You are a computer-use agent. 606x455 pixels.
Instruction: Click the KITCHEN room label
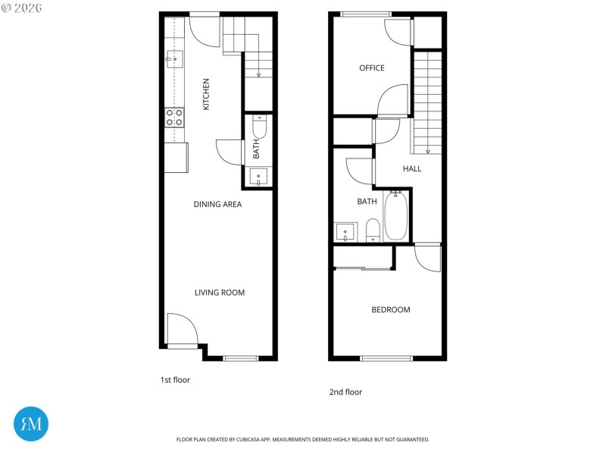[x=206, y=94]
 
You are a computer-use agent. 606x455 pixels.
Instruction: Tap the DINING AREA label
[x=217, y=204]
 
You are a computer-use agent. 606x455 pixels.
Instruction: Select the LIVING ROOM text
[x=220, y=293]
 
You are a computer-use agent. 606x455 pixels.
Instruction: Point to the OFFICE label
[x=372, y=68]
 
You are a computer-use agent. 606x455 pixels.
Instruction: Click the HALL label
[x=412, y=168]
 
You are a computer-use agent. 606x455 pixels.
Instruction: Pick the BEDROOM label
[x=391, y=309]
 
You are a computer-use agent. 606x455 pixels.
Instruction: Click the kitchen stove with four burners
[x=175, y=117]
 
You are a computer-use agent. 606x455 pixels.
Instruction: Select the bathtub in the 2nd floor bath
[x=396, y=215]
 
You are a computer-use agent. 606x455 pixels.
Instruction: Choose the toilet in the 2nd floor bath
[x=373, y=231]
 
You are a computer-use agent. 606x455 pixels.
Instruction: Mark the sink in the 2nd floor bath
[x=345, y=232]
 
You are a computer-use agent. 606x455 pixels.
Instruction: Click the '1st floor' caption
[x=175, y=380]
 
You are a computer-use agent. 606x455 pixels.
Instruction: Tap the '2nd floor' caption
[x=345, y=392]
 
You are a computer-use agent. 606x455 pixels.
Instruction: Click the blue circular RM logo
[x=31, y=424]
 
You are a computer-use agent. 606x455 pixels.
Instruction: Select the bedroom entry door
[x=428, y=258]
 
